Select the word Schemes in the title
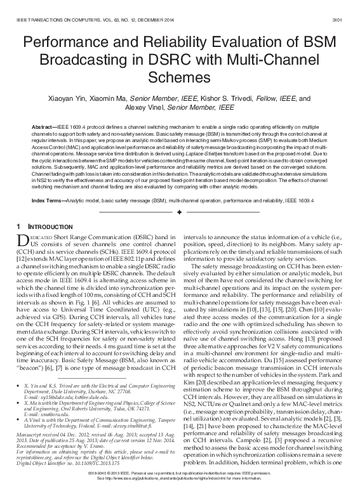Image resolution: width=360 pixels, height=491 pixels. tap(180, 77)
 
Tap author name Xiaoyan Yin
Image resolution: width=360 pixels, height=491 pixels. tap(74, 99)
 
